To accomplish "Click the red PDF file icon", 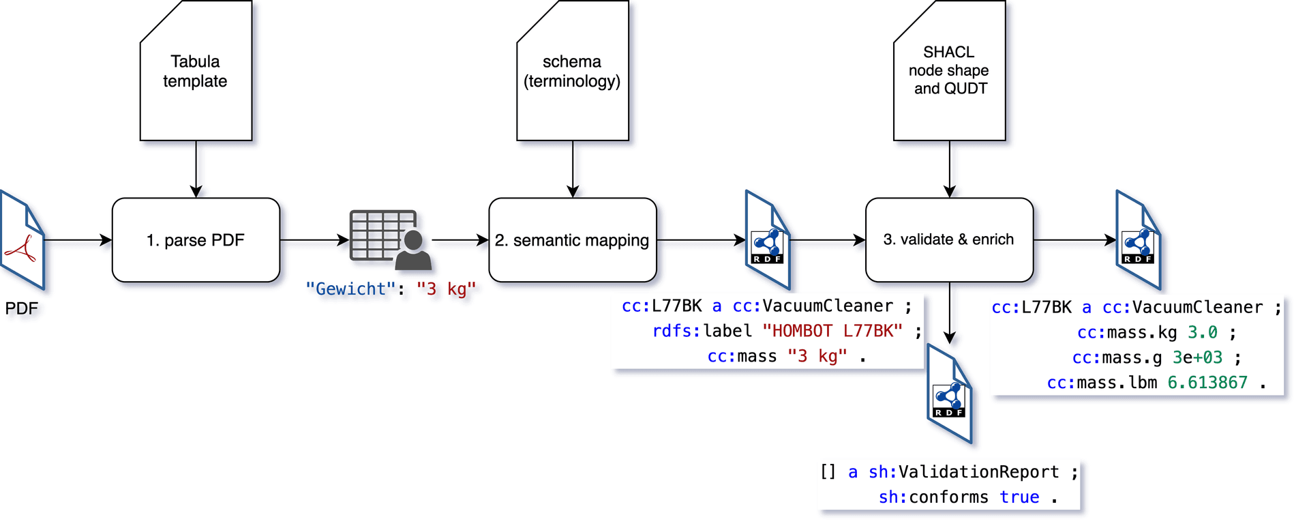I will (22, 240).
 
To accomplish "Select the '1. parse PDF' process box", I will (196, 240).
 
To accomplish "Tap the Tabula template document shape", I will (196, 71).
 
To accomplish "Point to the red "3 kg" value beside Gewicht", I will (446, 289).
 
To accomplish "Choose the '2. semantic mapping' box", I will (572, 240).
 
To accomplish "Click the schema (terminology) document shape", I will (572, 71).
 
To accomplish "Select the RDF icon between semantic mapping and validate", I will (768, 240).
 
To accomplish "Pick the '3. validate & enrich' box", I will (948, 240).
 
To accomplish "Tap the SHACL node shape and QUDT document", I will (949, 71).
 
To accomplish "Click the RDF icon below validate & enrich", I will (949, 394).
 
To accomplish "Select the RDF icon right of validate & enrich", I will (1138, 240).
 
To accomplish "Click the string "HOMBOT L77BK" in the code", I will (832, 332).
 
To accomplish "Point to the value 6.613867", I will (1207, 383).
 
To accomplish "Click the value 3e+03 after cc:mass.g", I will (1197, 357).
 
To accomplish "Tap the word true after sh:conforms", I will (1019, 497).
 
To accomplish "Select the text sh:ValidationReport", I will (963, 472).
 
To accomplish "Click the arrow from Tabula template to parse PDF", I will (196, 169).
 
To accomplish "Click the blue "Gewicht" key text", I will (350, 289).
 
